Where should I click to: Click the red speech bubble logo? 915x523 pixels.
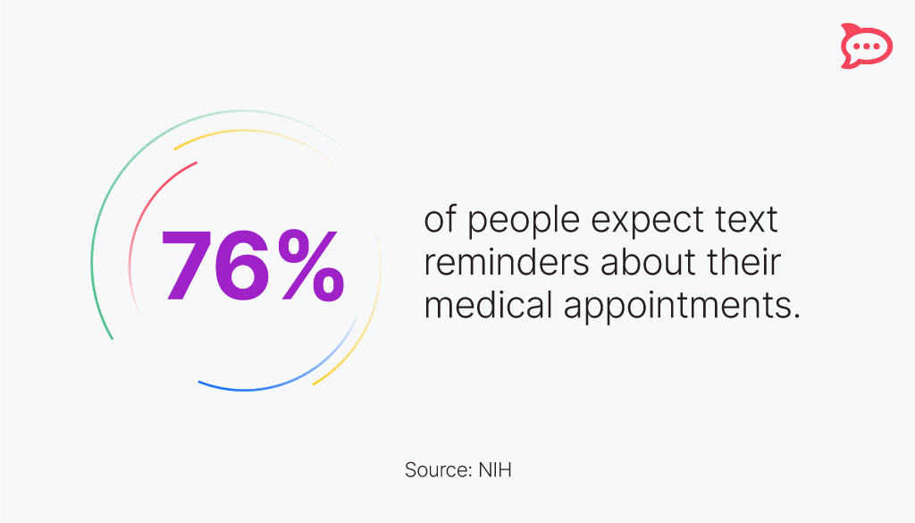pos(865,45)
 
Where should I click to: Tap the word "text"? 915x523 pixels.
pos(747,220)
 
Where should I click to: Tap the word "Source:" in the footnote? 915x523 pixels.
pos(434,469)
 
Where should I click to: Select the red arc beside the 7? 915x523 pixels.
pos(143,215)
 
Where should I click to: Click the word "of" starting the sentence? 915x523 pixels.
pos(440,220)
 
